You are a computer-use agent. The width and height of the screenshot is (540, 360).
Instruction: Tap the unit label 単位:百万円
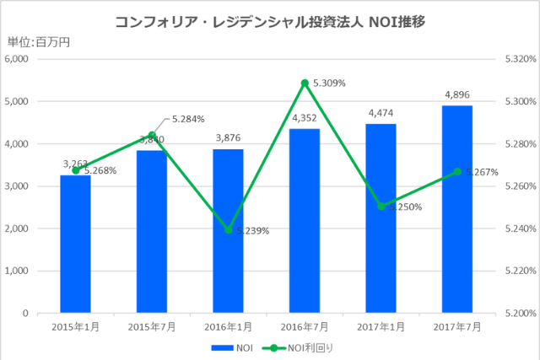[x=39, y=42]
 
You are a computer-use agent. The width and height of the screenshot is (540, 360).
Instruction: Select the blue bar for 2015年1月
[x=75, y=244]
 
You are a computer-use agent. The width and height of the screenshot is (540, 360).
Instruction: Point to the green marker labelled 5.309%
[x=305, y=83]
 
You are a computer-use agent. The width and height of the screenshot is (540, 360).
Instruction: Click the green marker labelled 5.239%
[x=228, y=230]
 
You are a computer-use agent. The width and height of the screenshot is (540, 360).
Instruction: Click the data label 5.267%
[x=482, y=172]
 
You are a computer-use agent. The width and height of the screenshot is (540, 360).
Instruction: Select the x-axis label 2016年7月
[x=305, y=326]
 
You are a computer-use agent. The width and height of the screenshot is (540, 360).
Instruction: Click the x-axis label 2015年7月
[x=151, y=326]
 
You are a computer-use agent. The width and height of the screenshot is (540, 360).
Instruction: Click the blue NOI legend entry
[x=232, y=347]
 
